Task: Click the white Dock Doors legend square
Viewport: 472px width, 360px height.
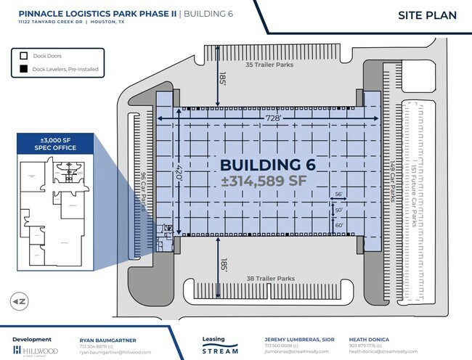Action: (24, 56)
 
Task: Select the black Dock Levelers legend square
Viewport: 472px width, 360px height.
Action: (24, 70)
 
